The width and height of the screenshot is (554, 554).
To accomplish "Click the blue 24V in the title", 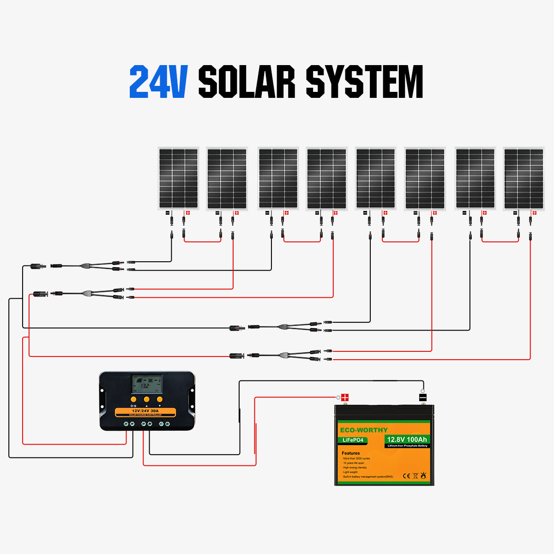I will coord(158,82).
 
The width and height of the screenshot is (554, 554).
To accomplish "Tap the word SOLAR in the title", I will coord(247,82).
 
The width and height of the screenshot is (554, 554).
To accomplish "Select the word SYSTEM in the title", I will coord(364,82).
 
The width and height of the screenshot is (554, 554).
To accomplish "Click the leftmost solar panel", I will coord(178,178).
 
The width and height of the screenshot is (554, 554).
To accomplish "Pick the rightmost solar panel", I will coord(524,178).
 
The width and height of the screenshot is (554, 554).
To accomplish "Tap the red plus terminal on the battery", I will coord(344,397).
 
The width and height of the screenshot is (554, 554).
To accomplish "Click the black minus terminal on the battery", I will coord(422,397).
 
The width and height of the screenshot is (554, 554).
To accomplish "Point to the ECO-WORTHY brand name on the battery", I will coord(364,430).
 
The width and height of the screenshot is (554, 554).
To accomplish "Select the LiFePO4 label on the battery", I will coord(353,440).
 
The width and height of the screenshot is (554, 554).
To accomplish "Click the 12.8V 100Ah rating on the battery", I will coord(407,440).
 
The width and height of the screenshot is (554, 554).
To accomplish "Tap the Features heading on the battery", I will coord(351,453).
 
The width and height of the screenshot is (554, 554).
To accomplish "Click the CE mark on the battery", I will coord(406,476).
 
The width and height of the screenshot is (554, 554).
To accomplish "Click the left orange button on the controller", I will coord(133,399).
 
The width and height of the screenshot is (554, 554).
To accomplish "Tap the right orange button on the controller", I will coord(160,399).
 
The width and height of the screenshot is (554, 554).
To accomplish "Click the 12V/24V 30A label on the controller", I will coord(145,410).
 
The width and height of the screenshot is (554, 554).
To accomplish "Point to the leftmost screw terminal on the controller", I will coord(125,423).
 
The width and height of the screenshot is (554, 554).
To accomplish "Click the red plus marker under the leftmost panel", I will coord(187,213).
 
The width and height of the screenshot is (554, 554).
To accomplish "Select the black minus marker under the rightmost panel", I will coord(515,213).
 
